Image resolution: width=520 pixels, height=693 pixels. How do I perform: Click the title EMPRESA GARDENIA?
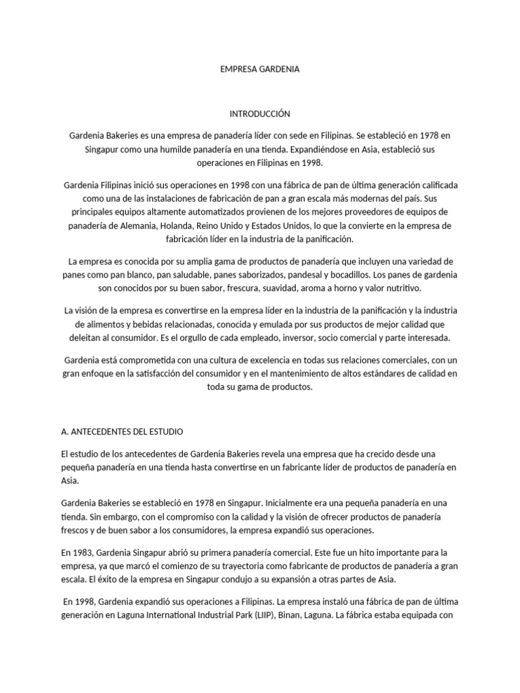tap(260, 69)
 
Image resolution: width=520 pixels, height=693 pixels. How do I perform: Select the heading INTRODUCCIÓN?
tap(260, 114)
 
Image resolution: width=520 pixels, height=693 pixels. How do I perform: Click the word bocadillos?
tap(359, 275)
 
